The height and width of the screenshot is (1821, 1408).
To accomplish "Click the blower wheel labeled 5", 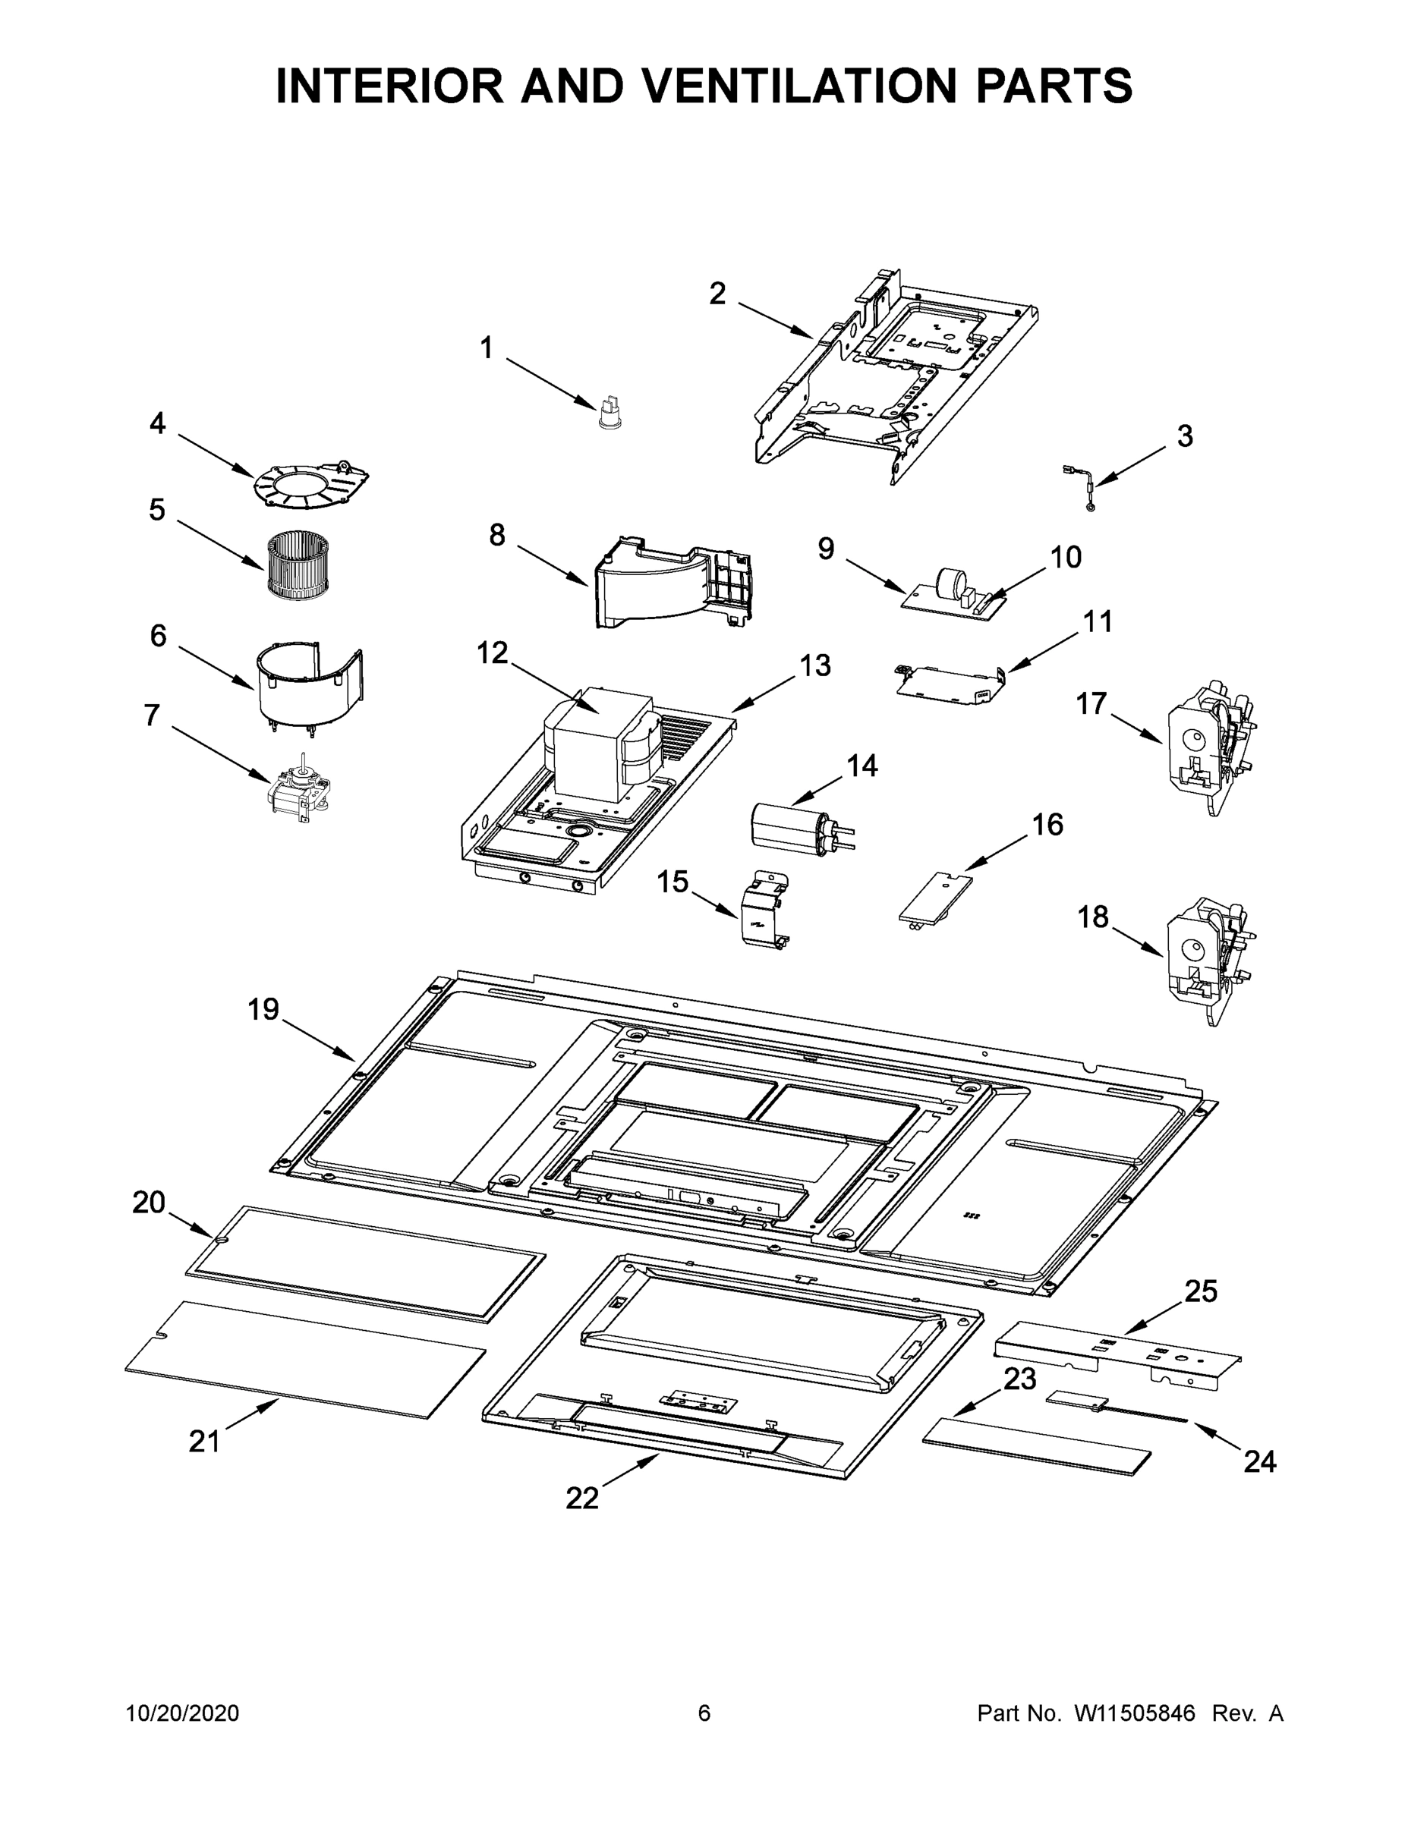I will (x=298, y=566).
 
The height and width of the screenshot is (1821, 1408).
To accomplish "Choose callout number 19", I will (x=263, y=1010).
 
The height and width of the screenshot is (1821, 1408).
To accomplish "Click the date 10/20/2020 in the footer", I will (x=182, y=1713).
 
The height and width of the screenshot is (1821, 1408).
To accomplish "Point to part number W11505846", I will (x=1135, y=1713).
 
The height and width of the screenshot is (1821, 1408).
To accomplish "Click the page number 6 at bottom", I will (x=704, y=1713).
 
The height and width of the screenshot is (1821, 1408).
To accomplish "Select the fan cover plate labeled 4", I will (x=311, y=482).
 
